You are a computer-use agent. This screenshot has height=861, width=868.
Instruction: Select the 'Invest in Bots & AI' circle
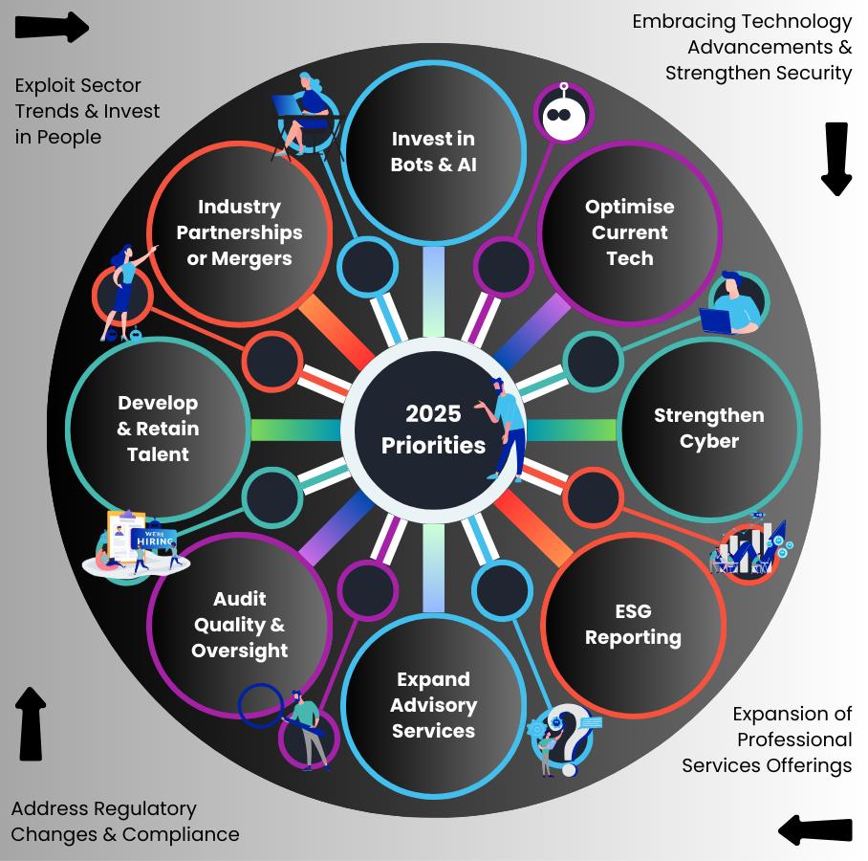tap(433, 151)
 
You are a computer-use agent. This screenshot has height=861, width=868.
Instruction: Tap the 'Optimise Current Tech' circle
tap(630, 232)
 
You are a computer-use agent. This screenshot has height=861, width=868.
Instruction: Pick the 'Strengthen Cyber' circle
tap(708, 428)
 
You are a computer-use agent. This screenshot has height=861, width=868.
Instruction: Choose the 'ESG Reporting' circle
tap(633, 625)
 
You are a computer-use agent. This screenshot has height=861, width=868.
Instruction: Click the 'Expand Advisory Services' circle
tap(433, 705)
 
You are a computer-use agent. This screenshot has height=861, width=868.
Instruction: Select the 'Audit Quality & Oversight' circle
tap(239, 625)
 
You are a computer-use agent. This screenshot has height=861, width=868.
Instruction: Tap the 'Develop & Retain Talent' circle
tap(158, 429)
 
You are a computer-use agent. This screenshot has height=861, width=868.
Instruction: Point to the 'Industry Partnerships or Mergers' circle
tap(239, 232)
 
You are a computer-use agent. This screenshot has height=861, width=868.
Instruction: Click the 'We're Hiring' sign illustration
tap(153, 541)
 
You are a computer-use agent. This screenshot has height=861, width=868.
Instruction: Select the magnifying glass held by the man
tap(260, 705)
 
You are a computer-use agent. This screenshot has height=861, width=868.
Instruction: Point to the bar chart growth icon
tap(750, 547)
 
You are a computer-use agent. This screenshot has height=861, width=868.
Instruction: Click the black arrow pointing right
tap(54, 27)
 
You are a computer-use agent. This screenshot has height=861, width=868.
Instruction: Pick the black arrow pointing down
tap(836, 158)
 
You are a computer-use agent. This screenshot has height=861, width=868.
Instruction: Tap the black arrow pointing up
tap(32, 722)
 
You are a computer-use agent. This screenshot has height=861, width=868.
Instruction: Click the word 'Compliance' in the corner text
tap(181, 834)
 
